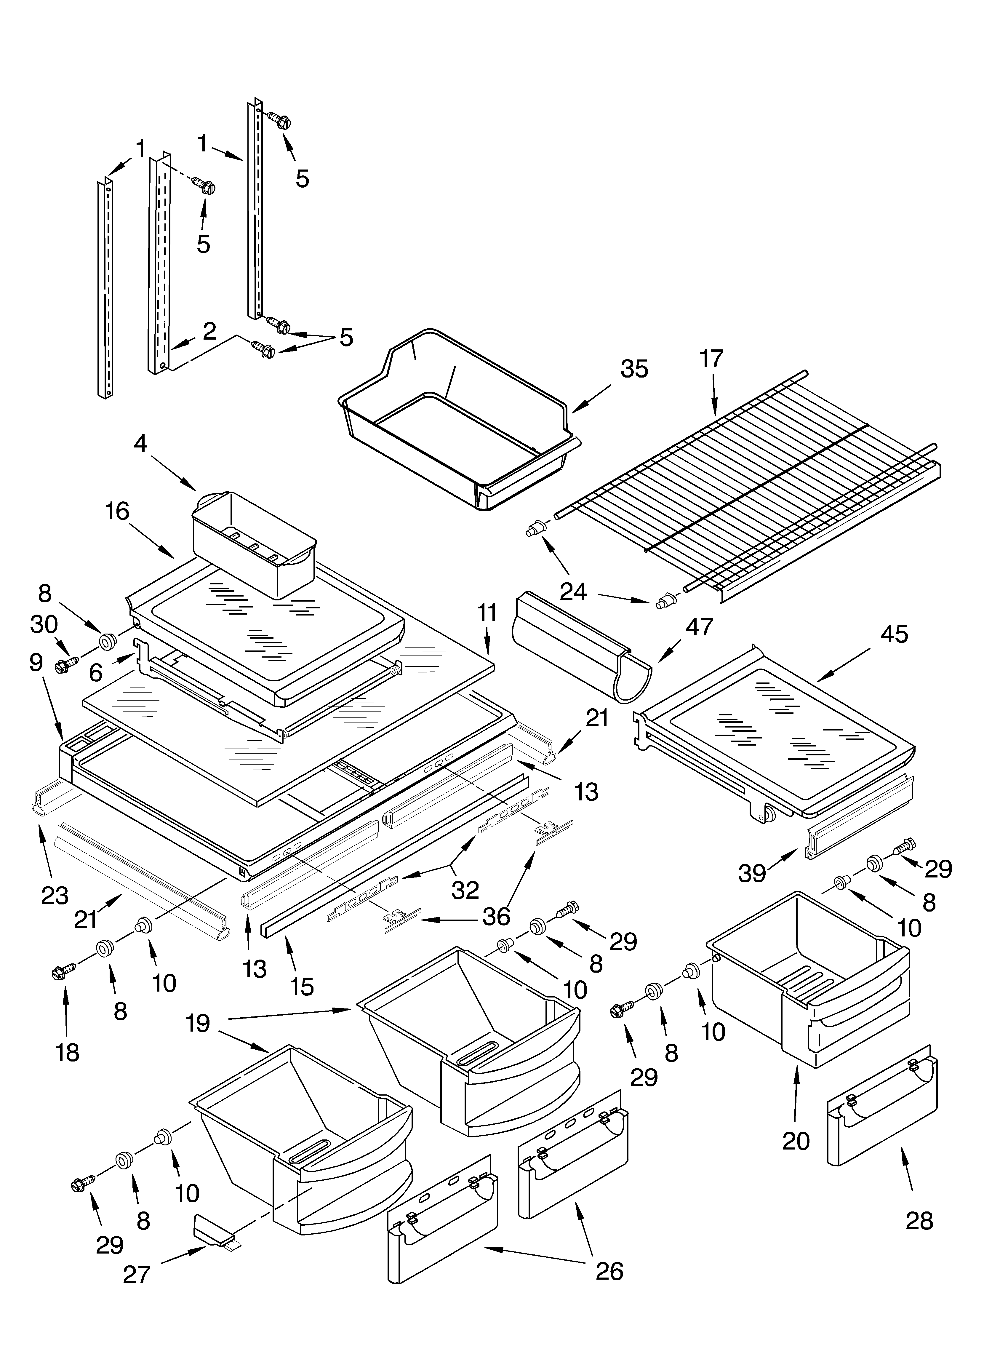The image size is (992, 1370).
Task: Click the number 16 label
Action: tap(117, 511)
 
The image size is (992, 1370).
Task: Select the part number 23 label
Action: tap(55, 895)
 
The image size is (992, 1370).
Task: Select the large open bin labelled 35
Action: tap(459, 423)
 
